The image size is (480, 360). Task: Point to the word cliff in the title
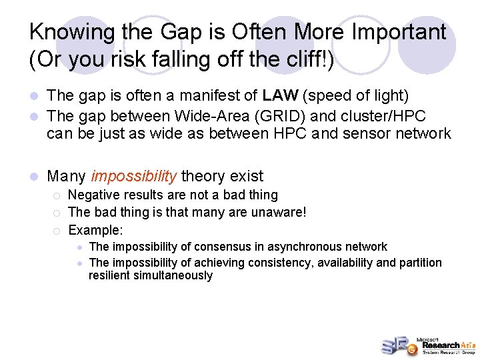tap(301, 60)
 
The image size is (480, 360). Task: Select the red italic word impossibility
tap(134, 177)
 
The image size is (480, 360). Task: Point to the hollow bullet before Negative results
tap(57, 195)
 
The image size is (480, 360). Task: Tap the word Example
tap(95, 231)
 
